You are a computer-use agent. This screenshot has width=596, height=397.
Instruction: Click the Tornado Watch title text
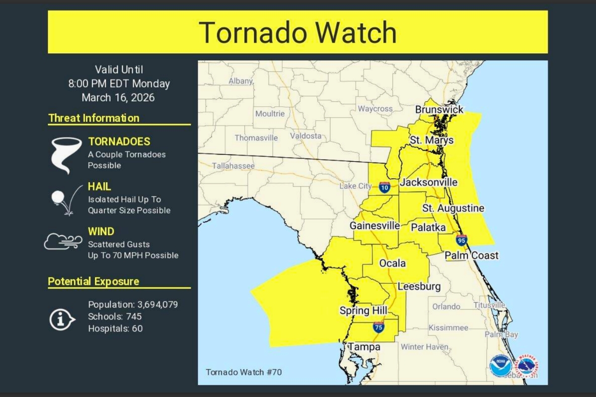298,33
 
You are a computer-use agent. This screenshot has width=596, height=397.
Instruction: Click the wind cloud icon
63,242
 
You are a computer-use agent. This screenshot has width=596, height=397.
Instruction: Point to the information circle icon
61,319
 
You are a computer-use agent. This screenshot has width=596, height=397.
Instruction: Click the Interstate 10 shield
384,187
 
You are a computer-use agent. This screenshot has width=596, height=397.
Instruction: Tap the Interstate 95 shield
461,241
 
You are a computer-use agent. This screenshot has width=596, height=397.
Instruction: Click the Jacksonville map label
428,183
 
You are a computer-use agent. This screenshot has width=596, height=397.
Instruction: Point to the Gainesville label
374,225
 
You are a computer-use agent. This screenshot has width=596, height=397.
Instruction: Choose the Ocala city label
392,264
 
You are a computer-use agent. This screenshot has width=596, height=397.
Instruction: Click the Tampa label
364,347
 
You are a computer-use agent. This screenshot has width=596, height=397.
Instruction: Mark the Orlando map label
446,307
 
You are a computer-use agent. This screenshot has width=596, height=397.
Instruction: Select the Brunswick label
439,110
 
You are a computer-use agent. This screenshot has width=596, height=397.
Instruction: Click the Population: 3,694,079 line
133,304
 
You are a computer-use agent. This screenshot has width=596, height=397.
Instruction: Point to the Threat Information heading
94,118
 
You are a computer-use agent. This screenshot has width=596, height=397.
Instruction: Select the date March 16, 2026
118,98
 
